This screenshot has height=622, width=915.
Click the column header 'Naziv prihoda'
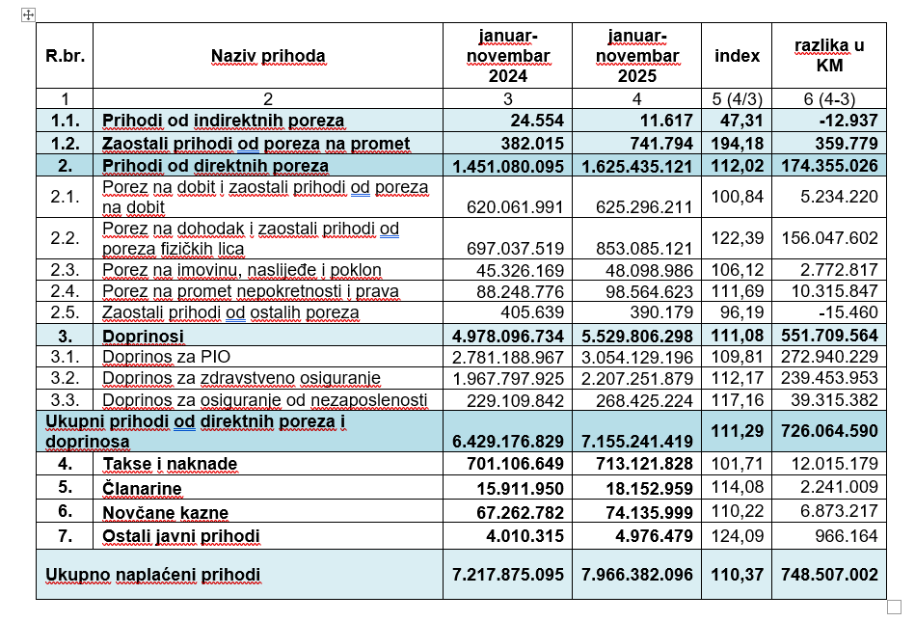268,56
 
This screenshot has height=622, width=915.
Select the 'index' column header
737,56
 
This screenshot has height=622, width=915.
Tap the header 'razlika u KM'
829,56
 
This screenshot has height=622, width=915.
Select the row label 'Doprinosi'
144,336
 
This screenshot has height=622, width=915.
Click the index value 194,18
738,144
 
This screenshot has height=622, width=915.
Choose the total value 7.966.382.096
637,575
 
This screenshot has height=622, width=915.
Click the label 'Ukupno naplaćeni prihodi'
153,575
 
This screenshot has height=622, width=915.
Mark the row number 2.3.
66,270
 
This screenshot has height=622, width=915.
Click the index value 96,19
738,313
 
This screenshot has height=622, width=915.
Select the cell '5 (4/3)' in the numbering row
737,98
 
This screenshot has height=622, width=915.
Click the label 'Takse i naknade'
170,465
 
